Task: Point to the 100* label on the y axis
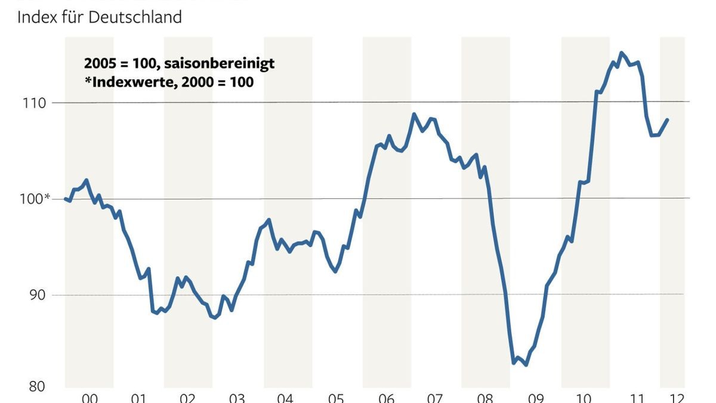coord(32,199)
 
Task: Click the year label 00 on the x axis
coord(89,398)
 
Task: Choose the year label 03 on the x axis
coord(237,398)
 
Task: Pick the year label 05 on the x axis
coord(336,398)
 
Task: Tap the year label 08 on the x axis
coord(485,398)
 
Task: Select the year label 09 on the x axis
coord(535,398)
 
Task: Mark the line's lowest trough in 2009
coord(526,365)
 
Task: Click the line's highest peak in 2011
coord(621,53)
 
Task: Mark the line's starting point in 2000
coord(65,199)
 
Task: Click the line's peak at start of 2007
coord(414,113)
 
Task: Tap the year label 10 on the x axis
coord(585,398)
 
